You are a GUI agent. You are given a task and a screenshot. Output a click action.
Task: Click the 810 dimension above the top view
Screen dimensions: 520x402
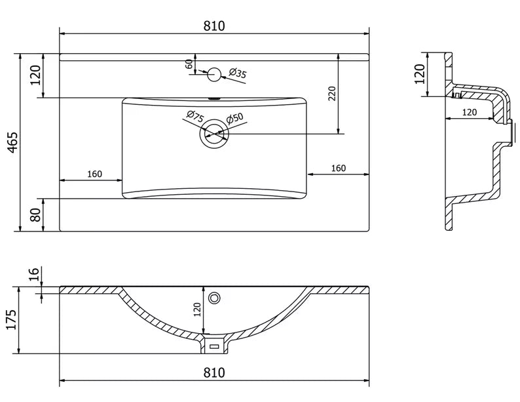click(x=214, y=26)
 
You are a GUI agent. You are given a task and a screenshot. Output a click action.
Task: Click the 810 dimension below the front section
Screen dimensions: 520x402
click(x=214, y=372)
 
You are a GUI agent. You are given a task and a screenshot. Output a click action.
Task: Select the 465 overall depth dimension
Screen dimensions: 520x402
click(x=12, y=143)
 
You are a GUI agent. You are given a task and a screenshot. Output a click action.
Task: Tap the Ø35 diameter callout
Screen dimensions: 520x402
click(x=238, y=73)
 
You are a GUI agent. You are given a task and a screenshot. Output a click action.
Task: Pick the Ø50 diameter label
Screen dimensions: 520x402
click(x=235, y=118)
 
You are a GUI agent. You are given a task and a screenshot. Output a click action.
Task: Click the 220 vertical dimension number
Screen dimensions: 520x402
click(x=332, y=94)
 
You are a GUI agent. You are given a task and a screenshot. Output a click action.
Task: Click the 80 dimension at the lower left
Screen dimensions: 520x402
click(x=35, y=215)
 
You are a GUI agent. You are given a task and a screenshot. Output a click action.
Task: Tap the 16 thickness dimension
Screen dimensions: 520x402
click(x=34, y=273)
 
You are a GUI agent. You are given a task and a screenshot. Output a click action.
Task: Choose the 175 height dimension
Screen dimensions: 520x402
click(x=12, y=319)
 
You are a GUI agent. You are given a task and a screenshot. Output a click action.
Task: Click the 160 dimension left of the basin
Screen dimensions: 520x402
click(x=94, y=174)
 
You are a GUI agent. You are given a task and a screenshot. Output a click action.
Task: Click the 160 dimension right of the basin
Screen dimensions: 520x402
click(x=339, y=169)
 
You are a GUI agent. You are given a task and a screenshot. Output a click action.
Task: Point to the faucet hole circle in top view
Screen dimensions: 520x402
click(x=214, y=74)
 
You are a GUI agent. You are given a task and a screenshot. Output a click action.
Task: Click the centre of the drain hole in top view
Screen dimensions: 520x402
click(x=214, y=134)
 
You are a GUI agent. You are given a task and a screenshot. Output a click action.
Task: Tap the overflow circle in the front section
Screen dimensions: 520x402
click(x=214, y=298)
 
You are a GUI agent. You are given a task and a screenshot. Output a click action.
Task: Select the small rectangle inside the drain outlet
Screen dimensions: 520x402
click(x=214, y=346)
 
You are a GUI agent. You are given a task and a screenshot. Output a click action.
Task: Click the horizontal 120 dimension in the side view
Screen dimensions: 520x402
click(x=470, y=112)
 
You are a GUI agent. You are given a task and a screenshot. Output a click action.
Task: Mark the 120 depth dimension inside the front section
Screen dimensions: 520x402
click(x=197, y=310)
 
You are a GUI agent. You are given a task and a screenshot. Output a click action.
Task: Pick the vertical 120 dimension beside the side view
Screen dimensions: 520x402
click(x=420, y=74)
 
